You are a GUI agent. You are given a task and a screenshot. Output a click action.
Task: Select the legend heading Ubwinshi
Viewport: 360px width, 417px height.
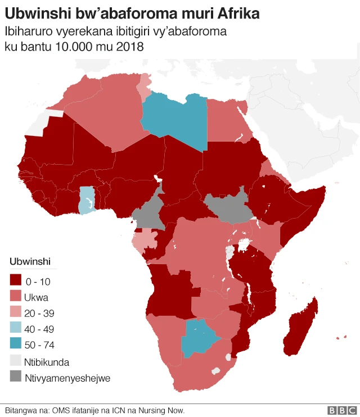tap(30, 262)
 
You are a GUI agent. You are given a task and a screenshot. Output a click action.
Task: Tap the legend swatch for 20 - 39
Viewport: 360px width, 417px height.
tap(17, 313)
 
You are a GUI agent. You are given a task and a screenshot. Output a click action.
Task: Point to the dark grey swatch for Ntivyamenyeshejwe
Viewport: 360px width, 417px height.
tap(17, 378)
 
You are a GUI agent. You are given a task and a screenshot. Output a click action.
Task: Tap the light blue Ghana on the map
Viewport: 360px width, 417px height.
tap(86, 201)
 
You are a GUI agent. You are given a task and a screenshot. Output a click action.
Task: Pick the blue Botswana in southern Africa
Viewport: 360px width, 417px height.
tap(198, 338)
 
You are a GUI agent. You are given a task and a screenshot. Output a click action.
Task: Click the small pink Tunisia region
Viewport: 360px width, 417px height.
tap(145, 84)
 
